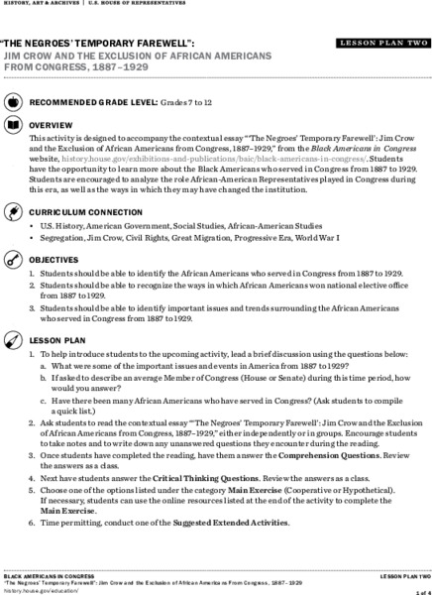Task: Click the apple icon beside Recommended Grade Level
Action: coord(12,102)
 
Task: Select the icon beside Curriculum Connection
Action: coord(12,212)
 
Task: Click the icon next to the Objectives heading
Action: coord(12,259)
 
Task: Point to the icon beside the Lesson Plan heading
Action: coord(12,339)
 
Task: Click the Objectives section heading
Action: coord(55,259)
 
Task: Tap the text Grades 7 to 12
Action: coord(211,102)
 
